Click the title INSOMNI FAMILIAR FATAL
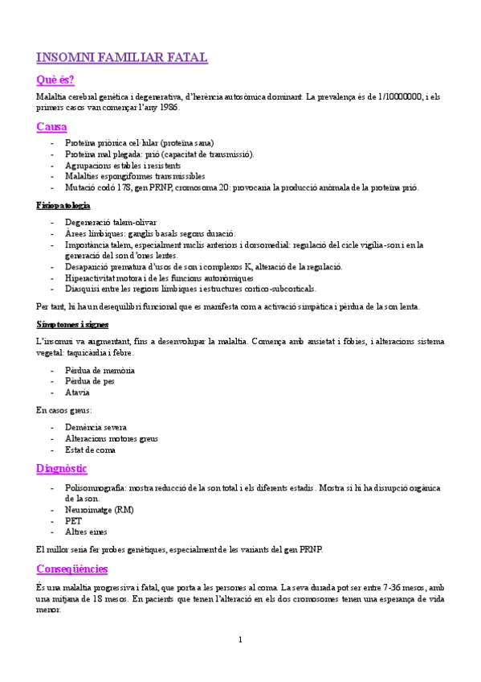pos(122,57)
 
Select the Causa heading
pos(51,127)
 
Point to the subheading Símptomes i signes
pos(72,324)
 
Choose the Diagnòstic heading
pos(62,468)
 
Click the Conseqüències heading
pos(72,569)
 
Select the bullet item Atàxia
pos(78,392)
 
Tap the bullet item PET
pos(73,520)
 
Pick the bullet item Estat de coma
pos(90,450)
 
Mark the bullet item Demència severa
pos(96,427)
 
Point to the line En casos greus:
pos(64,410)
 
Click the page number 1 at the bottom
pos(240,639)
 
